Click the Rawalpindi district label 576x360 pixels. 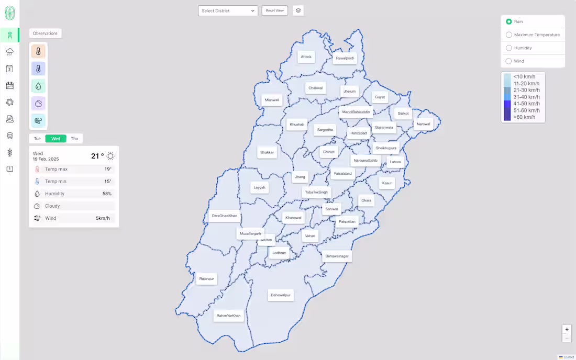(x=345, y=58)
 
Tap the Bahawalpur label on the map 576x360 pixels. (x=280, y=295)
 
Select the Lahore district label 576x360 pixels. (x=395, y=162)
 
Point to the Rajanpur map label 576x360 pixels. (x=206, y=279)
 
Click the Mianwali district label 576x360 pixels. (x=272, y=100)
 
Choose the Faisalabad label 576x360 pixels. (x=343, y=173)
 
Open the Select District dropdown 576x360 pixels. (x=228, y=10)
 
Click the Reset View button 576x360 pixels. (x=274, y=10)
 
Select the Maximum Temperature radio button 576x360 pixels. (x=509, y=35)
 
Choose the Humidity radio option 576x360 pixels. (x=509, y=48)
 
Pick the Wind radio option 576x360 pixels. (x=509, y=61)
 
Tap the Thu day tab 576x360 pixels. (x=74, y=139)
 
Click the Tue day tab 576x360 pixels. (x=37, y=139)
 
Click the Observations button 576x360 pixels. (x=45, y=33)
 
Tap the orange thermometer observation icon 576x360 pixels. (x=38, y=51)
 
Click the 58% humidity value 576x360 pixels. (x=107, y=194)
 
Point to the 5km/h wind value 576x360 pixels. (x=103, y=218)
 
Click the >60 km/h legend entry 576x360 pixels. (x=524, y=117)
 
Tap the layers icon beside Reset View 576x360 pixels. (x=298, y=10)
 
